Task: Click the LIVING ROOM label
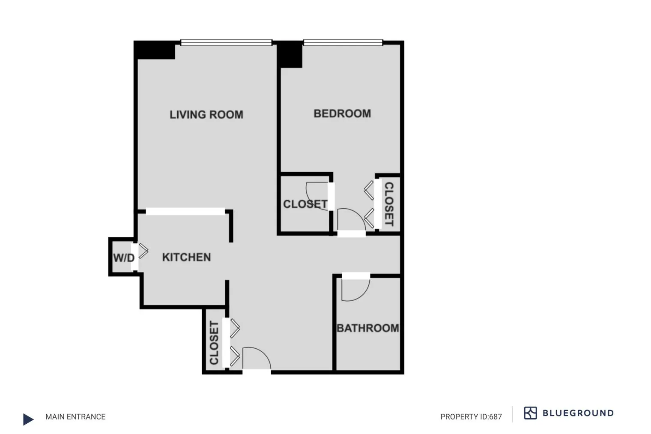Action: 206,115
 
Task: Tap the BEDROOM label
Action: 342,114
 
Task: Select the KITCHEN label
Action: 186,257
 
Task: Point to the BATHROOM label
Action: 368,328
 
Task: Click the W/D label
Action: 124,258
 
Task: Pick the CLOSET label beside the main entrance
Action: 214,343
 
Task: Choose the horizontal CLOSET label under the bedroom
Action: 305,204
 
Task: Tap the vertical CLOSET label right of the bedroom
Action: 388,204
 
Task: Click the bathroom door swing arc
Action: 355,290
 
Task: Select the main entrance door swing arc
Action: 256,358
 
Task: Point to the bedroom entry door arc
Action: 351,219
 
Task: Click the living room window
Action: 226,42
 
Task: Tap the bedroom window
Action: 343,42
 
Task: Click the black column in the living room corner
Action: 155,50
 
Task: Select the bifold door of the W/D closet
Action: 143,251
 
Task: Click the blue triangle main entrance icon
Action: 28,419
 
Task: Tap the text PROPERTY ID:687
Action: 471,416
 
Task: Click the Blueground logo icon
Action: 530,413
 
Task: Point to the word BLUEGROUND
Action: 578,413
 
